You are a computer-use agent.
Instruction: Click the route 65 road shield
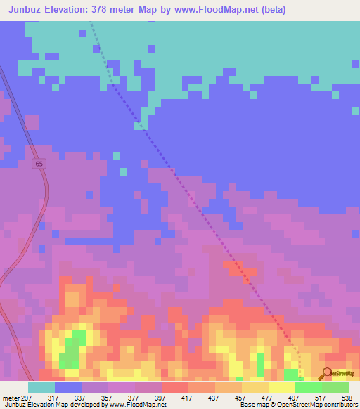pos(39,164)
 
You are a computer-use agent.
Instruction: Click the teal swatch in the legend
pos(41,387)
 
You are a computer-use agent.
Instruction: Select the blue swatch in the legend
pos(68,387)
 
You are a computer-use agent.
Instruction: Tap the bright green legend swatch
pos(309,387)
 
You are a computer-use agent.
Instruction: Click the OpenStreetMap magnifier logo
pos(327,375)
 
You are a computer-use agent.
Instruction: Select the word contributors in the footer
pos(340,405)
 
